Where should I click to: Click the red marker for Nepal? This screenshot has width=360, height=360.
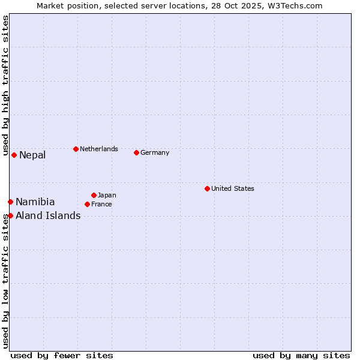pyautogui.click(x=14, y=155)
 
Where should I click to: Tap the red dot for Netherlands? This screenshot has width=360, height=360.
pyautogui.click(x=76, y=149)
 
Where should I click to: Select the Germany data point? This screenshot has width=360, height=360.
pyautogui.click(x=136, y=152)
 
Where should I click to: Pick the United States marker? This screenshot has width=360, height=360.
pyautogui.click(x=207, y=188)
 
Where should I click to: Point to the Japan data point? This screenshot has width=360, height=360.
pyautogui.click(x=94, y=195)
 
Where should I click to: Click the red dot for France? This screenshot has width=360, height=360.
pyautogui.click(x=87, y=204)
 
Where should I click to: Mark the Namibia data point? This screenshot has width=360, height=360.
pyautogui.click(x=10, y=202)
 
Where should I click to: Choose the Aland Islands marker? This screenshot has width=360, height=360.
pyautogui.click(x=10, y=215)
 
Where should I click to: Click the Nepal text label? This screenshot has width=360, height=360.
pyautogui.click(x=32, y=155)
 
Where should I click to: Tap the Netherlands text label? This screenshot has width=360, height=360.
pyautogui.click(x=99, y=149)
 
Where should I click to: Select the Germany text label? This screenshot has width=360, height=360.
pyautogui.click(x=155, y=152)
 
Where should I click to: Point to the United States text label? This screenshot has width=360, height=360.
pyautogui.click(x=233, y=188)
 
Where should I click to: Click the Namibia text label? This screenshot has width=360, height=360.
pyautogui.click(x=35, y=202)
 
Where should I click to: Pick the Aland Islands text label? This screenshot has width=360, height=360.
pyautogui.click(x=48, y=216)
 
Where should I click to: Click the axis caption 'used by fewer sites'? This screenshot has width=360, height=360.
pyautogui.click(x=62, y=355)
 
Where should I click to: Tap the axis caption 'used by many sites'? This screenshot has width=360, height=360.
pyautogui.click(x=301, y=355)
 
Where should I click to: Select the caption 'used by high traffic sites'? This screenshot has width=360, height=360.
pyautogui.click(x=5, y=80)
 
